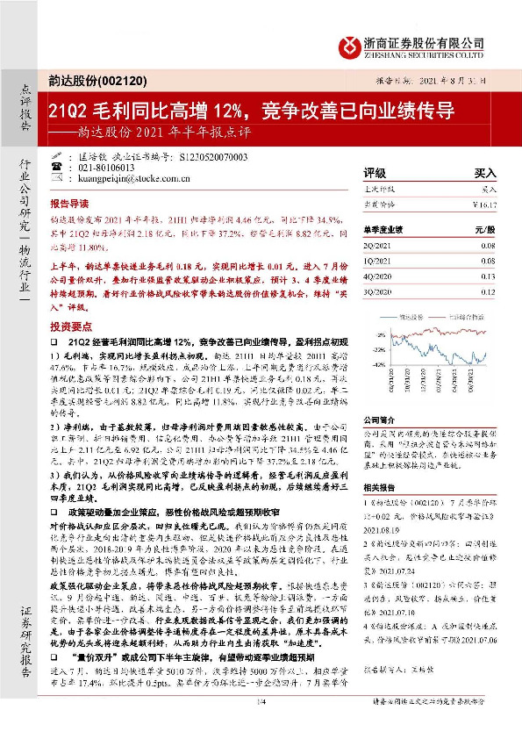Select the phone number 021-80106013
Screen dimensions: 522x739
(x=130, y=167)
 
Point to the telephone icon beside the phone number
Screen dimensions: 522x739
(x=82, y=167)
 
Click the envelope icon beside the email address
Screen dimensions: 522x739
(x=82, y=177)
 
